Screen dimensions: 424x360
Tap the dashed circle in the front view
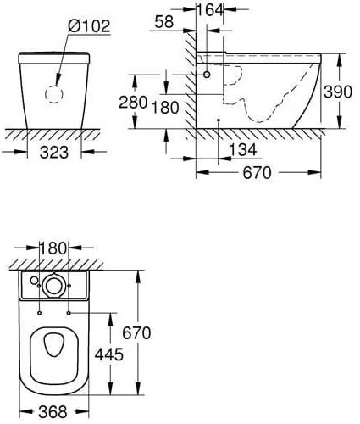[53, 95]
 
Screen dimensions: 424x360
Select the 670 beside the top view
[135, 333]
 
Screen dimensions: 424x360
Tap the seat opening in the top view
[57, 348]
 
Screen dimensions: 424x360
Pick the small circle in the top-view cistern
[34, 281]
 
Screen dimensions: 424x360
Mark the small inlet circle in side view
[206, 75]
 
